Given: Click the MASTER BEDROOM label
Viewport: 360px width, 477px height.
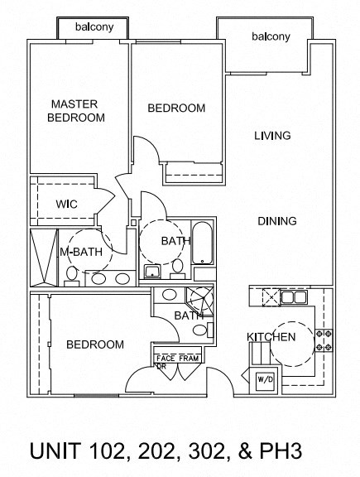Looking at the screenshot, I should click(76, 110).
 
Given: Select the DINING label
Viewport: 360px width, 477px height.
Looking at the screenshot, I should click(276, 221).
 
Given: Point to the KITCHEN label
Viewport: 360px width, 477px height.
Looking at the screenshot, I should click(271, 337).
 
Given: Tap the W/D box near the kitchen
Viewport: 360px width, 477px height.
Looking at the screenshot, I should click(266, 380).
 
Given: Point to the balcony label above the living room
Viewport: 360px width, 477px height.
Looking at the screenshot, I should click(271, 36).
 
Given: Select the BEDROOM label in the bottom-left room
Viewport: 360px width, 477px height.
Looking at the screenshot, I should click(95, 344).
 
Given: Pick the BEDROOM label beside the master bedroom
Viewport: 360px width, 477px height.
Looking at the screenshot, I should click(176, 108).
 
